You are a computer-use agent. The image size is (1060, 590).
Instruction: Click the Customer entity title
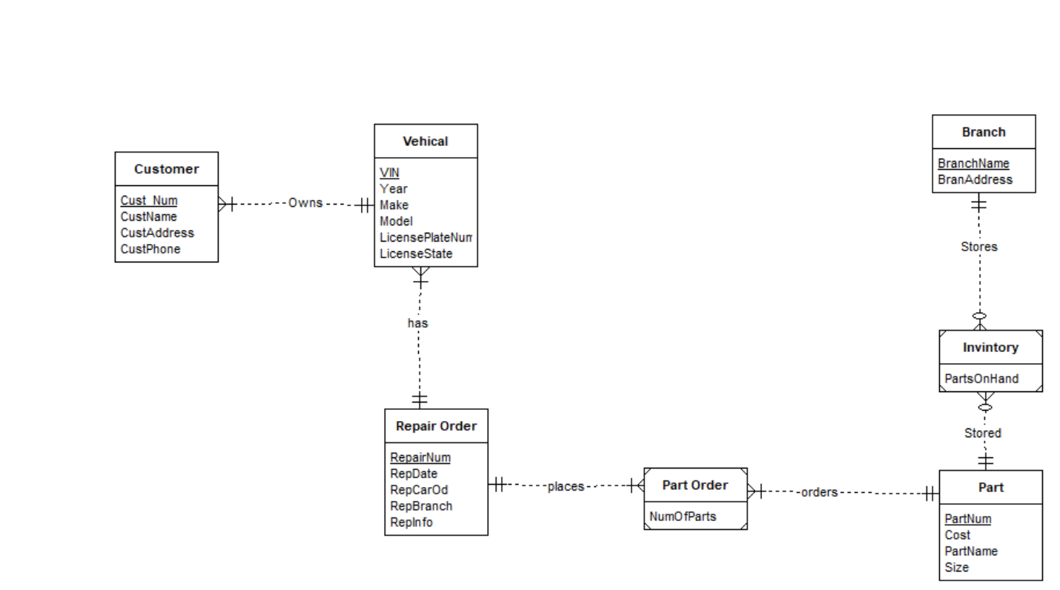(x=166, y=169)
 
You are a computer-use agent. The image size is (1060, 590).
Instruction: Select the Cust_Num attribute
(x=149, y=200)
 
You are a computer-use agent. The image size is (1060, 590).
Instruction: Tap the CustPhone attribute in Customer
(x=150, y=249)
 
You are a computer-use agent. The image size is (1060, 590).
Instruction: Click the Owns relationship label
(x=305, y=203)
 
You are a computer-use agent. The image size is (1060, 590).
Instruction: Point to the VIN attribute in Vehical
(x=389, y=173)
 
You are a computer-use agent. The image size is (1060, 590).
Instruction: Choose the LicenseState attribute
(x=416, y=253)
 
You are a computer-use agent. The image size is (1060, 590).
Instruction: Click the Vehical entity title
(x=425, y=141)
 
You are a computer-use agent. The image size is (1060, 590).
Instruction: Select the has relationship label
(x=417, y=323)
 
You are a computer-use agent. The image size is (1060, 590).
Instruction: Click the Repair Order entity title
(x=436, y=426)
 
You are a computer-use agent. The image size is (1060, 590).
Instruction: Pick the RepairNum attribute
(x=420, y=457)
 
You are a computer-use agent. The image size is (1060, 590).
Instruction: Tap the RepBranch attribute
(x=421, y=506)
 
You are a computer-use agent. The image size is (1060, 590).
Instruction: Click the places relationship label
(x=566, y=486)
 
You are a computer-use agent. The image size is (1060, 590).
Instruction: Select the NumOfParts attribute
(x=683, y=516)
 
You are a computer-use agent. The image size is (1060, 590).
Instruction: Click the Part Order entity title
(x=695, y=485)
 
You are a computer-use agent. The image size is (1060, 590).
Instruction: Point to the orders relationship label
(x=818, y=492)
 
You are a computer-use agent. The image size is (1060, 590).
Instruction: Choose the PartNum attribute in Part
(x=967, y=519)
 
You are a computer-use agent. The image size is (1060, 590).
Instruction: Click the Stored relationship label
(x=982, y=433)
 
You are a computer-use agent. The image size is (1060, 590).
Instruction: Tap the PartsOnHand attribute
(x=981, y=379)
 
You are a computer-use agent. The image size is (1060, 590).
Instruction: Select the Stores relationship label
(x=978, y=247)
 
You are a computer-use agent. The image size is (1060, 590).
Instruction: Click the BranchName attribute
(x=973, y=164)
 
